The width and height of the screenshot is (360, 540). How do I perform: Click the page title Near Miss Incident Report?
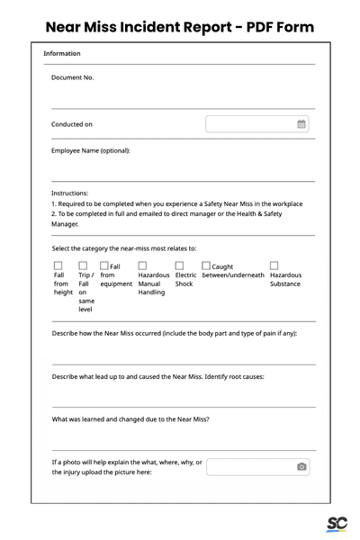pos(180,26)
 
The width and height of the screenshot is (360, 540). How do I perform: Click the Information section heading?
pos(62,54)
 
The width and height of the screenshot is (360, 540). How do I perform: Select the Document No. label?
pos(72,77)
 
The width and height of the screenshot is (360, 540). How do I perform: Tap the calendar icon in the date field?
pos(301,124)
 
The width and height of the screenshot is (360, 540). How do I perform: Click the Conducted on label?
pos(72,124)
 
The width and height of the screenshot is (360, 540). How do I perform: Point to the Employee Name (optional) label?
pos(91,150)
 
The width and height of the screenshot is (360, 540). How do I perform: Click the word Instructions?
pos(70,193)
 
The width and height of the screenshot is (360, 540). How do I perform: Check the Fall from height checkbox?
pos(58,266)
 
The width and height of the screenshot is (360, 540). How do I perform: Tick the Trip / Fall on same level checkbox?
pos(83,266)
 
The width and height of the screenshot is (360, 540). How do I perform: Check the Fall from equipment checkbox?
pos(104,266)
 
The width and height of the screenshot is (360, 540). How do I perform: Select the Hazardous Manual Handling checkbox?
pos(142,266)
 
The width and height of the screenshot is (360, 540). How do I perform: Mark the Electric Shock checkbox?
pos(179,266)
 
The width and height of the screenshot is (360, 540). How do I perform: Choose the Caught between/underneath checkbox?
pos(206,266)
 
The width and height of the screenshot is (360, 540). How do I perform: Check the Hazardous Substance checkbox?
pos(274,266)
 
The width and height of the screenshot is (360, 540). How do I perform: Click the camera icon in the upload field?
pos(301,466)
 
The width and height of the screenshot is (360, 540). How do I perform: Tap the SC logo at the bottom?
pos(337,524)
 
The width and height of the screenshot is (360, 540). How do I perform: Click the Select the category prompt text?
pos(124,248)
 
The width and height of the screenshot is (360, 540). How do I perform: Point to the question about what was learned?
pos(130,419)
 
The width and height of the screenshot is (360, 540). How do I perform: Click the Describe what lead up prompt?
pos(157,376)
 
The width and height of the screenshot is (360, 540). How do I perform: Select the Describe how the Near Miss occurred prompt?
pos(174,333)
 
